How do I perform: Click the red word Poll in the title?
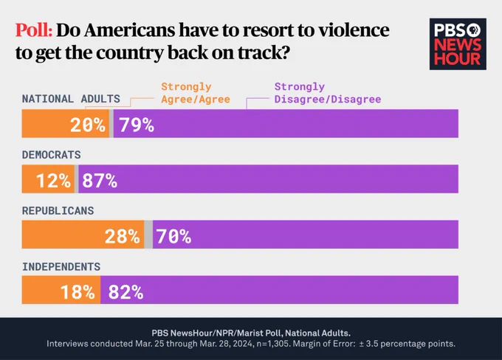pyautogui.click(x=34, y=30)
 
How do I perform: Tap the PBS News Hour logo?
pyautogui.click(x=458, y=44)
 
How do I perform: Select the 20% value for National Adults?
pyautogui.click(x=87, y=125)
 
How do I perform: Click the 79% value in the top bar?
pyautogui.click(x=137, y=125)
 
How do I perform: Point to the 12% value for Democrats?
pyautogui.click(x=53, y=180)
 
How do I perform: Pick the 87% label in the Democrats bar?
pyautogui.click(x=100, y=180)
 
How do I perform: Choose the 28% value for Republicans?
pyautogui.click(x=123, y=236)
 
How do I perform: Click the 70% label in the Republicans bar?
pyautogui.click(x=173, y=236)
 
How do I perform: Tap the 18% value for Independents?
pyautogui.click(x=78, y=292)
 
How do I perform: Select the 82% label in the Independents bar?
pyautogui.click(x=125, y=292)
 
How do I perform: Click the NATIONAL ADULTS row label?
pyautogui.click(x=71, y=99)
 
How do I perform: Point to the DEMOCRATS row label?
pyautogui.click(x=51, y=155)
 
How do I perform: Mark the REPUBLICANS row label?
pyautogui.click(x=58, y=211)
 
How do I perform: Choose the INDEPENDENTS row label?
pyautogui.click(x=61, y=266)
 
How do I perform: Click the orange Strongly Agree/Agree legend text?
pyautogui.click(x=196, y=93)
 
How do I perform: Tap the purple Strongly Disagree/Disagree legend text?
pyautogui.click(x=328, y=93)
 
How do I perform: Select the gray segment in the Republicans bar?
pyautogui.click(x=148, y=235)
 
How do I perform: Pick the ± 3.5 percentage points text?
pyautogui.click(x=407, y=344)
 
